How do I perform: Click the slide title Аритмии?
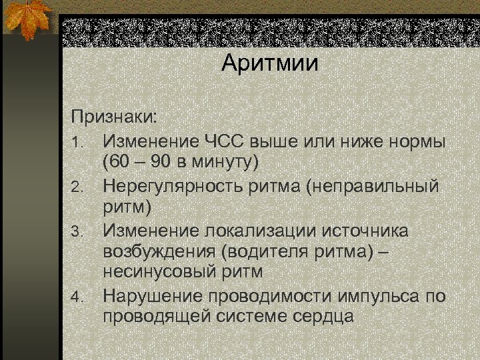271,64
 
